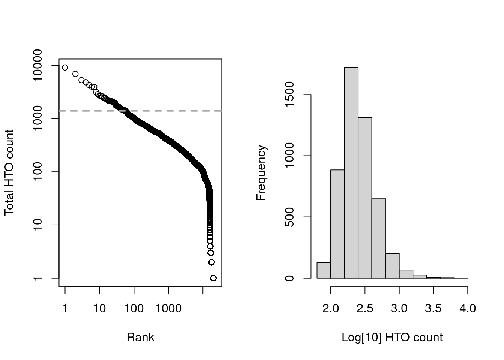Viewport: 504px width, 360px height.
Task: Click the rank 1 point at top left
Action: click(65, 67)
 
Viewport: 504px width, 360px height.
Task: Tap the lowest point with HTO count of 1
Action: click(213, 278)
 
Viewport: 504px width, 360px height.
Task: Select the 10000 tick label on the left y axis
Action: click(38, 65)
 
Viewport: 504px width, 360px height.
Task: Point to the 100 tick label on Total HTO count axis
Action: click(38, 172)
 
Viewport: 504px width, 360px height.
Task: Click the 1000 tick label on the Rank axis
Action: click(168, 309)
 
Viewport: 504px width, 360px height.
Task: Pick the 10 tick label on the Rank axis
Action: click(99, 309)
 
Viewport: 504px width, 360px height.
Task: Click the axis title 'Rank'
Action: click(140, 337)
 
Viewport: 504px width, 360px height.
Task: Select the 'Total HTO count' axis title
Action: click(9, 172)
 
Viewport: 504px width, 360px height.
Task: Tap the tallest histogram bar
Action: click(351, 172)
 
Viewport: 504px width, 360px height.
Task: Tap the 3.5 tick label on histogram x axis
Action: click(433, 309)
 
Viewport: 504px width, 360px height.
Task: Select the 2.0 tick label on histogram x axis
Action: click(331, 309)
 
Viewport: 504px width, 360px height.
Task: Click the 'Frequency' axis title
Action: click(261, 172)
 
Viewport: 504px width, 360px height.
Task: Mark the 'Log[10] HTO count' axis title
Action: click(392, 337)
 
